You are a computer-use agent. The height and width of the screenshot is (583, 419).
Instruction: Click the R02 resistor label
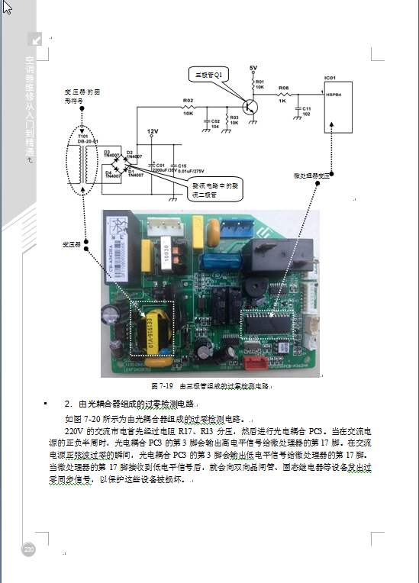[x=188, y=100]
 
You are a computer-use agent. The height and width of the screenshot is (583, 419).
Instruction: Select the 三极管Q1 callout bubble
[x=208, y=75]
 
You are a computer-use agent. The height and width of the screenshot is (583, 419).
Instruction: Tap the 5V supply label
[x=253, y=69]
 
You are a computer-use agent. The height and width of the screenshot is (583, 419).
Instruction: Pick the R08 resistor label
[x=283, y=88]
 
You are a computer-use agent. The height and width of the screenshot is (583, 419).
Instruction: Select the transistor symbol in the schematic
[x=250, y=106]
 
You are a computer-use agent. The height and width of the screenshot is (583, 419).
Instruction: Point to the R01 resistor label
[x=259, y=84]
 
